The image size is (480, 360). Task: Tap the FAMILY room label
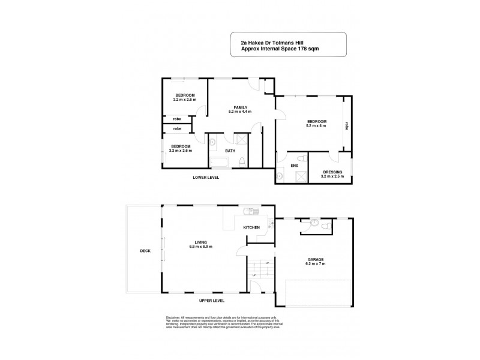click(x=241, y=107)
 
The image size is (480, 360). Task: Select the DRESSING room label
click(x=332, y=172)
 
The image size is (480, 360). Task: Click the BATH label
click(x=230, y=151)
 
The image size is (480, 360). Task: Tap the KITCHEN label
click(x=251, y=228)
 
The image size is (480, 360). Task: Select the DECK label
click(x=144, y=251)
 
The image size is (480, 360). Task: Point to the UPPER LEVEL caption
click(x=212, y=299)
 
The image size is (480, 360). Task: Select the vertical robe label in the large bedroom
click(x=347, y=126)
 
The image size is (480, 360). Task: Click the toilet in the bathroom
click(x=241, y=162)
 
